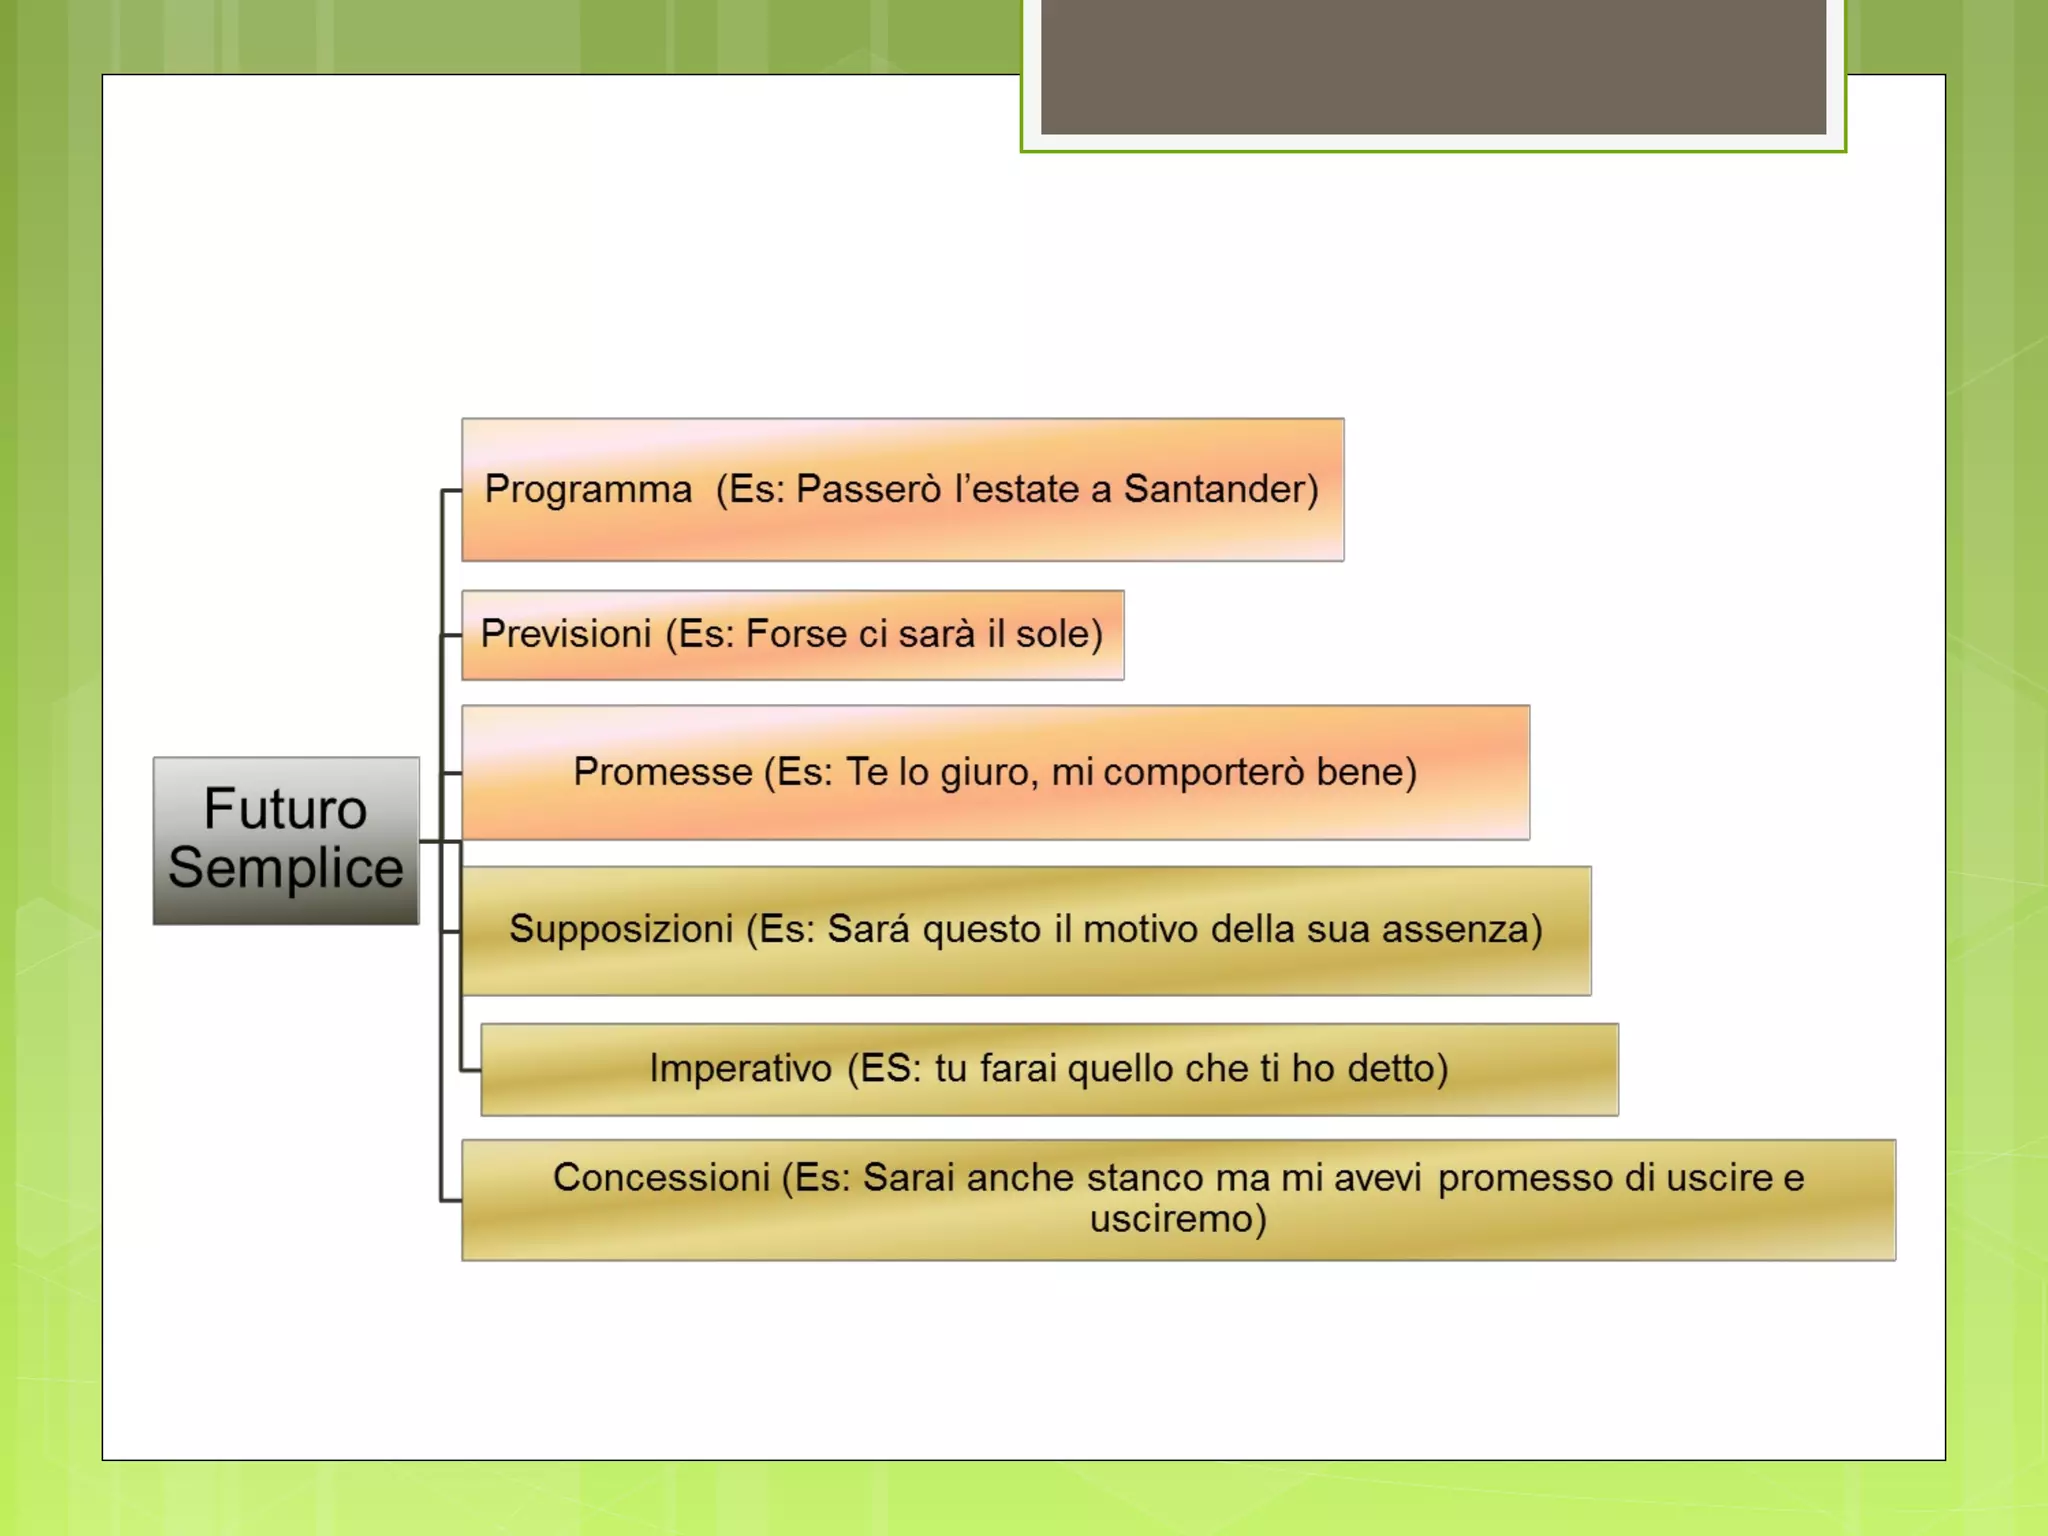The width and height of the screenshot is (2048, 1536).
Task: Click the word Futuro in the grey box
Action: point(285,808)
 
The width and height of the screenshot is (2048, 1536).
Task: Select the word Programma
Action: point(588,490)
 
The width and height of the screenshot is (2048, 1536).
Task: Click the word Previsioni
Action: point(566,634)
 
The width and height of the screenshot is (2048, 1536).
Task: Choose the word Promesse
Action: point(662,772)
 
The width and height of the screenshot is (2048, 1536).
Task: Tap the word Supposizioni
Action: point(621,929)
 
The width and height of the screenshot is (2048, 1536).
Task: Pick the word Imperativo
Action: point(740,1069)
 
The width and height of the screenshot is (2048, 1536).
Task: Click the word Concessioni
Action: point(661,1178)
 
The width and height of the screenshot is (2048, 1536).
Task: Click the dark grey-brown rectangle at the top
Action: point(1433,66)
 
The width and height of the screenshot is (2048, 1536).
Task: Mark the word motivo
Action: point(1141,929)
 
